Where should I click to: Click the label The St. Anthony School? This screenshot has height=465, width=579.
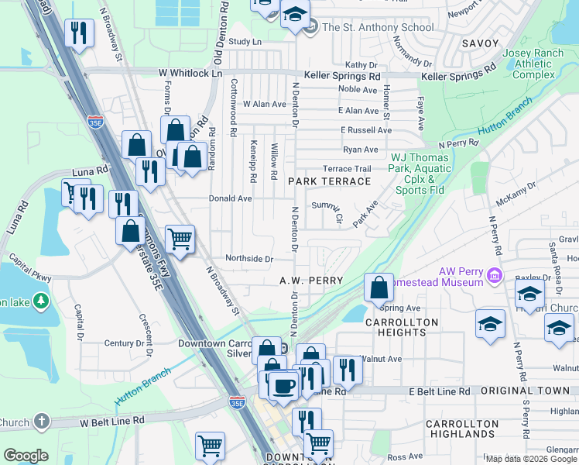click(378, 27)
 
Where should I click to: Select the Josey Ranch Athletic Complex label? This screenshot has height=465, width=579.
click(534, 64)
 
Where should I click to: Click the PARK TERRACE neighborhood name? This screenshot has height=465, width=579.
click(329, 181)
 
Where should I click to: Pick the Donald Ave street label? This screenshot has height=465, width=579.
click(231, 198)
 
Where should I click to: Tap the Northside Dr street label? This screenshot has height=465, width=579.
click(249, 259)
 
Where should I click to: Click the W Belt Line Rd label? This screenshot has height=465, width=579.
click(112, 421)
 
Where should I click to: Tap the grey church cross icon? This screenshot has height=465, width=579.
click(42, 422)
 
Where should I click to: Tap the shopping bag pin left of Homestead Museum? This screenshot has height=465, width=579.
click(379, 288)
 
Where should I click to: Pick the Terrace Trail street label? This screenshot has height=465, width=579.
click(348, 168)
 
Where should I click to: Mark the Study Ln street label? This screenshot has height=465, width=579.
click(245, 41)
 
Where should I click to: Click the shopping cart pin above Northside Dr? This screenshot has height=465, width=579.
click(180, 239)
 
